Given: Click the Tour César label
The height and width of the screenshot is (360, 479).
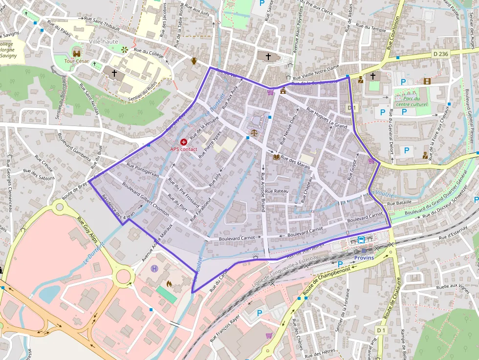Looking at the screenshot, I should pyautogui.click(x=77, y=62).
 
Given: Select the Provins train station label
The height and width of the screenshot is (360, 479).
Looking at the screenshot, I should pyautogui.click(x=364, y=257).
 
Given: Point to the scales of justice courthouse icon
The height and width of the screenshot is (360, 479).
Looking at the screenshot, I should pyautogui.click(x=253, y=132).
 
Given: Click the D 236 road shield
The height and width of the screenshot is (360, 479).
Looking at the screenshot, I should pyautogui.click(x=440, y=54).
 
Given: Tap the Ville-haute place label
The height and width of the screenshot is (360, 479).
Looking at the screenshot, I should pyautogui.click(x=104, y=42).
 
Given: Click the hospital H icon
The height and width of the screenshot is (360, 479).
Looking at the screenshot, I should pyautogui.click(x=155, y=268).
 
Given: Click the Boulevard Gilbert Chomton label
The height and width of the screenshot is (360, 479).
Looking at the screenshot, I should pyautogui.click(x=146, y=199).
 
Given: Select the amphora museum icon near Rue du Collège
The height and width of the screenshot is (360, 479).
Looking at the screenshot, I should pyautogui.click(x=194, y=61).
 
